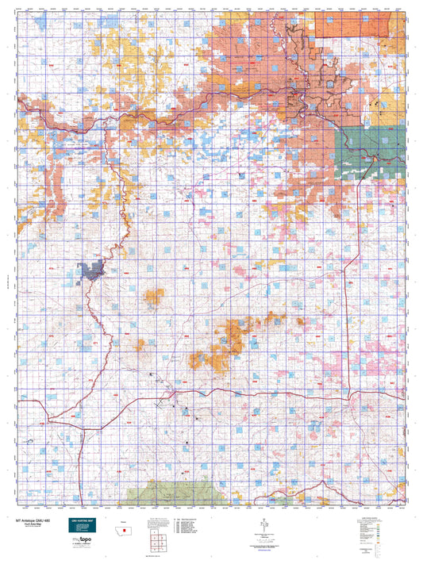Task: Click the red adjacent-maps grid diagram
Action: click(x=156, y=541)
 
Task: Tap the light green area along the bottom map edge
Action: click(x=167, y=492)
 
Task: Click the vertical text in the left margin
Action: click(x=6, y=270)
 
